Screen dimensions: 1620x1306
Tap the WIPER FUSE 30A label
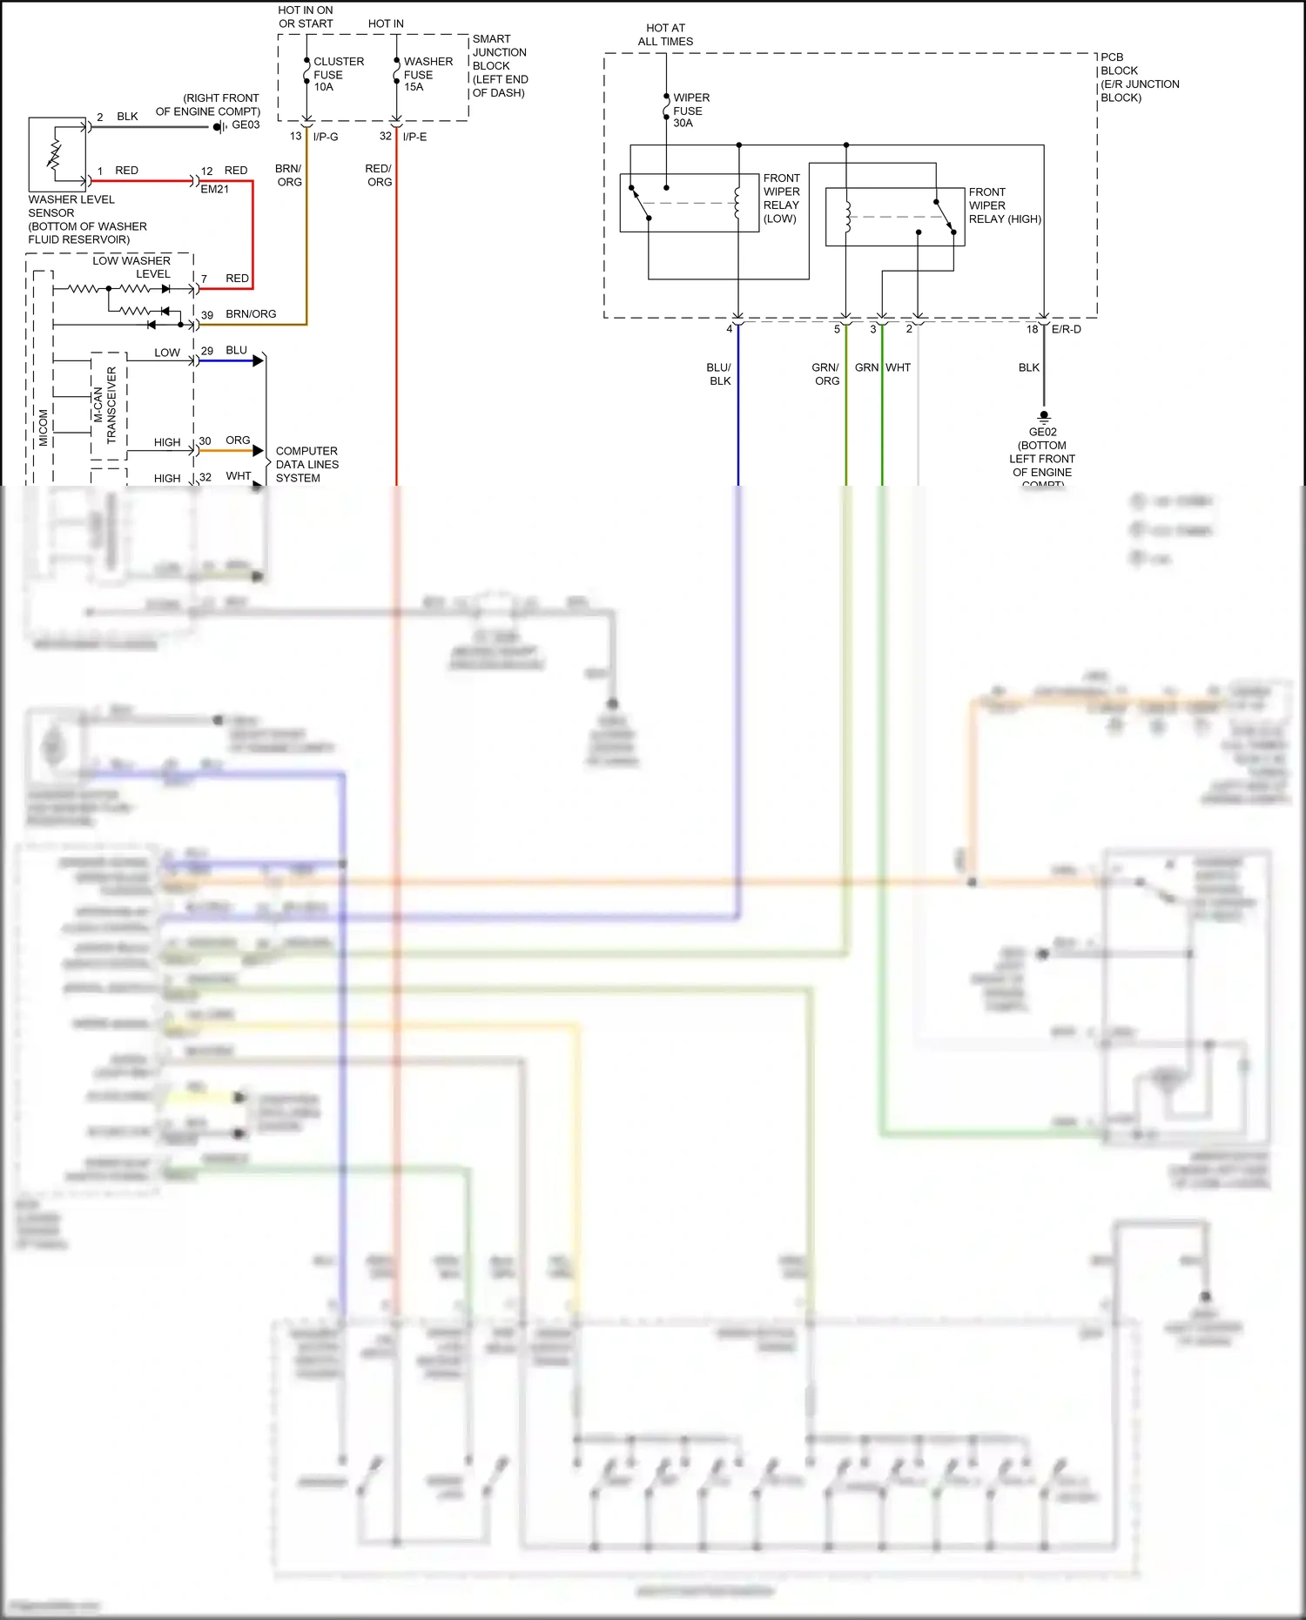690,111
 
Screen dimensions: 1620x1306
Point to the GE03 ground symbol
219,127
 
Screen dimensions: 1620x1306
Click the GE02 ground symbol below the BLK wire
1044,416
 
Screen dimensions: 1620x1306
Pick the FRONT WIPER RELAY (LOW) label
781,198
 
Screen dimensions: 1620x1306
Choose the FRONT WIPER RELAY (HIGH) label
1004,205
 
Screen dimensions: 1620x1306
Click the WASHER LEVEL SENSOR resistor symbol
55,154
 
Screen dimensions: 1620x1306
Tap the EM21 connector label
214,189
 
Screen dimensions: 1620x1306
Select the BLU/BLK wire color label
719,374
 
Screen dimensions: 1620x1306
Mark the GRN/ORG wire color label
826,374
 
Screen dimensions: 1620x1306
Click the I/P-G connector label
326,137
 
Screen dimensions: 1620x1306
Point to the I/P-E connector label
414,137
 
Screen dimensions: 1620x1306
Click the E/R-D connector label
1066,329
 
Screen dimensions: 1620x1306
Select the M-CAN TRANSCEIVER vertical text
104,406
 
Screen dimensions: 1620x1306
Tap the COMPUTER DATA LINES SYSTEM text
306,464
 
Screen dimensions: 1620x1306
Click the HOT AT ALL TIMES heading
665,35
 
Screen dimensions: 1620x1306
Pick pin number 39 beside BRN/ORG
207,315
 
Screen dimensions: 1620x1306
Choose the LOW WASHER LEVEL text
131,267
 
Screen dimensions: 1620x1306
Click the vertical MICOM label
44,427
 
